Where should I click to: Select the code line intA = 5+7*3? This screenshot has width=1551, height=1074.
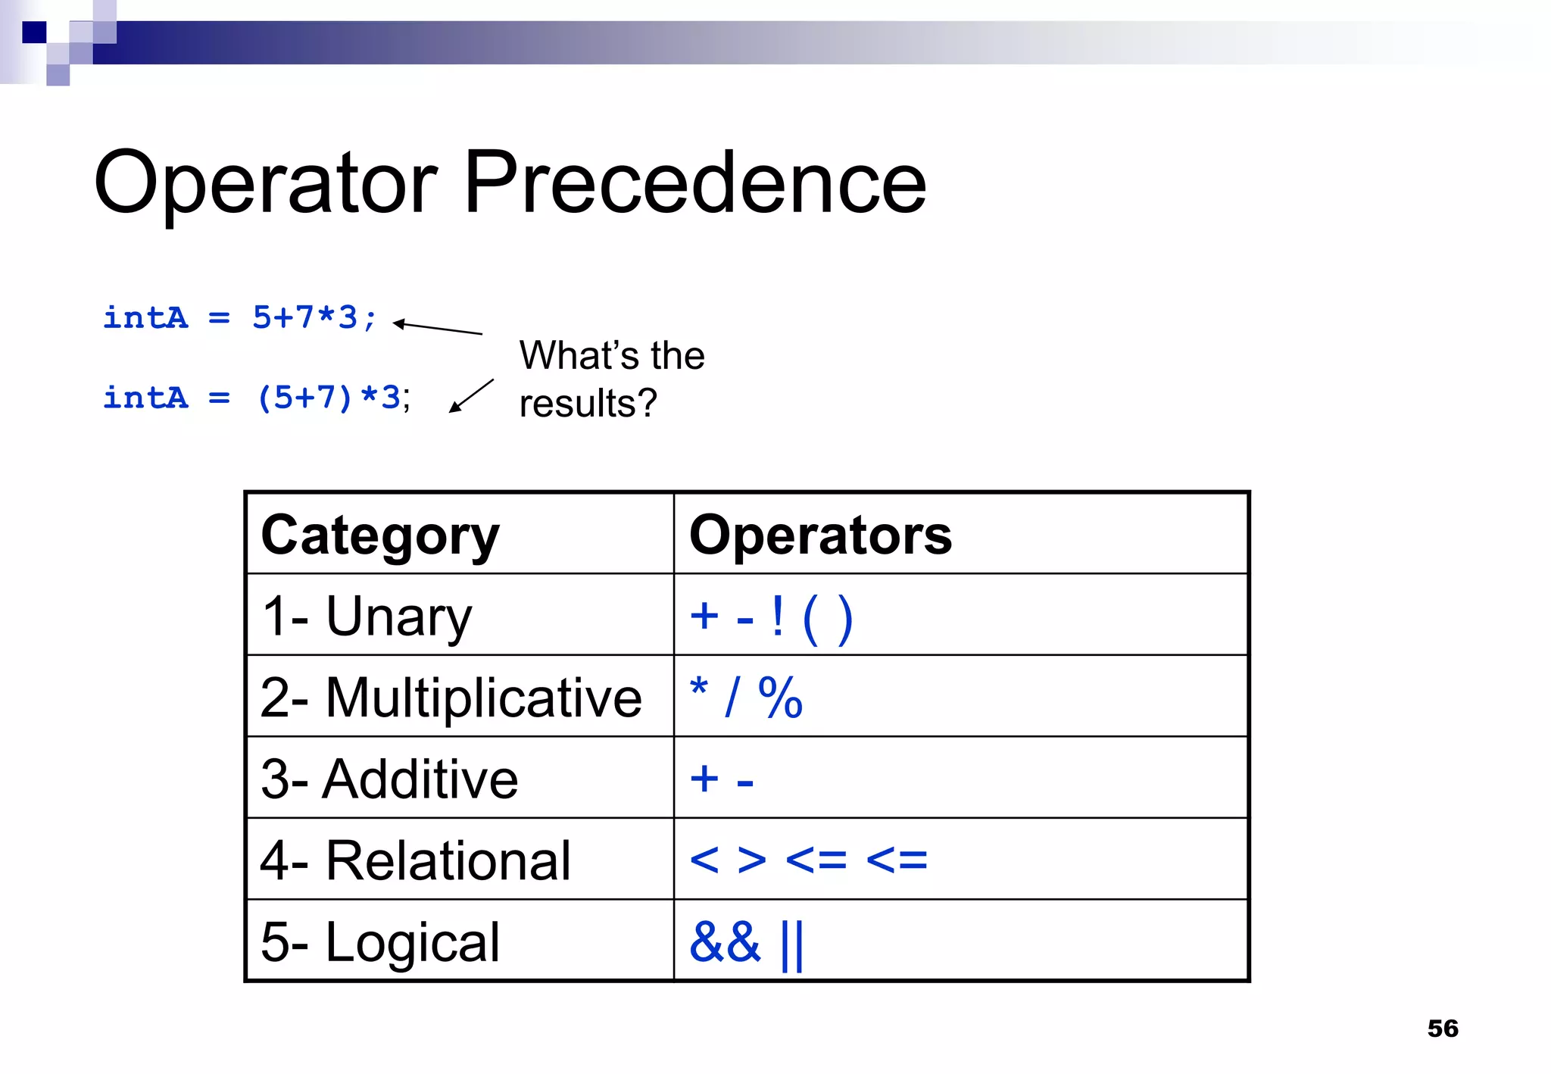pos(239,318)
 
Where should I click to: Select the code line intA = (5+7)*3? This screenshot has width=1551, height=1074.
pos(257,398)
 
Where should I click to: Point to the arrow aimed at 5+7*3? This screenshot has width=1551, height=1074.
pos(438,327)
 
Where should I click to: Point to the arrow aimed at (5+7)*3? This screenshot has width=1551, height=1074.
pos(471,395)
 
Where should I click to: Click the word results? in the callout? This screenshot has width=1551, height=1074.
pos(588,403)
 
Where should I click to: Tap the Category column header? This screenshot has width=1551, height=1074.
pos(380,535)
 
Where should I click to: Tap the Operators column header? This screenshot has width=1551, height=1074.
pos(820,535)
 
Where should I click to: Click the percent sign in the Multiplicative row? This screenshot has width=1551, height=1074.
pos(780,698)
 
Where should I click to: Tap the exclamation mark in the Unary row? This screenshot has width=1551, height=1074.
pos(777,617)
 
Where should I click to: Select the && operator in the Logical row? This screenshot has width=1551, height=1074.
pos(725,942)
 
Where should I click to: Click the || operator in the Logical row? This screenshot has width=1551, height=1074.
pos(791,944)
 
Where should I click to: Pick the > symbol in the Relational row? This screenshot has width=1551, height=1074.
pos(751,860)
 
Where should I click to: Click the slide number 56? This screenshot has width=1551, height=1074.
pos(1443,1029)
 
